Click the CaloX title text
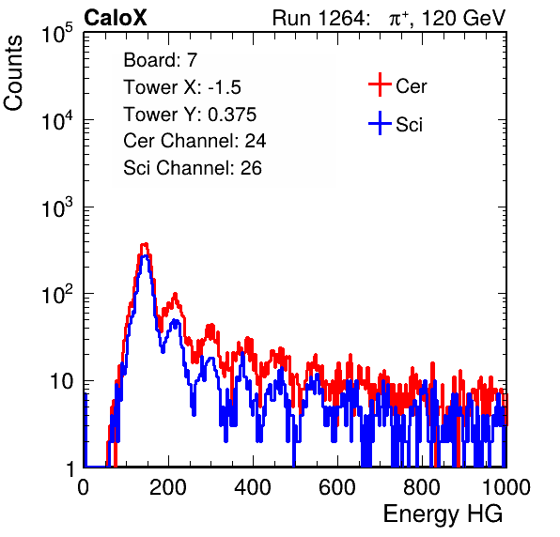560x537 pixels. coord(115,18)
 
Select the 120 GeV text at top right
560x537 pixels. coord(464,18)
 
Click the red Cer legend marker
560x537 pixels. coord(380,84)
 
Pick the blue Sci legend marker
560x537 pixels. coord(380,124)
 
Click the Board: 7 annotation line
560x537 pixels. coord(160,60)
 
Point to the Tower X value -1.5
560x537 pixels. coord(225,87)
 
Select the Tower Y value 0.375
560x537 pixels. coord(232,115)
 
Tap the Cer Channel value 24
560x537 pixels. coord(256,141)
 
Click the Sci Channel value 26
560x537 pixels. coord(251,168)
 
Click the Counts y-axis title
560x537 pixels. coord(13,73)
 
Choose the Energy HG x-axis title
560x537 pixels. coord(443,514)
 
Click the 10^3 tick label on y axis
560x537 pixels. coord(57,207)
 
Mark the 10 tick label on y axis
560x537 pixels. coord(61,381)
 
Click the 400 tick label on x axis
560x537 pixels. coord(253,487)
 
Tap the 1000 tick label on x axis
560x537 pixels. coord(506,487)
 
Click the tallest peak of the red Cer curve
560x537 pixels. coord(145,245)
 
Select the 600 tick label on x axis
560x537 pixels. coord(337,487)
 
